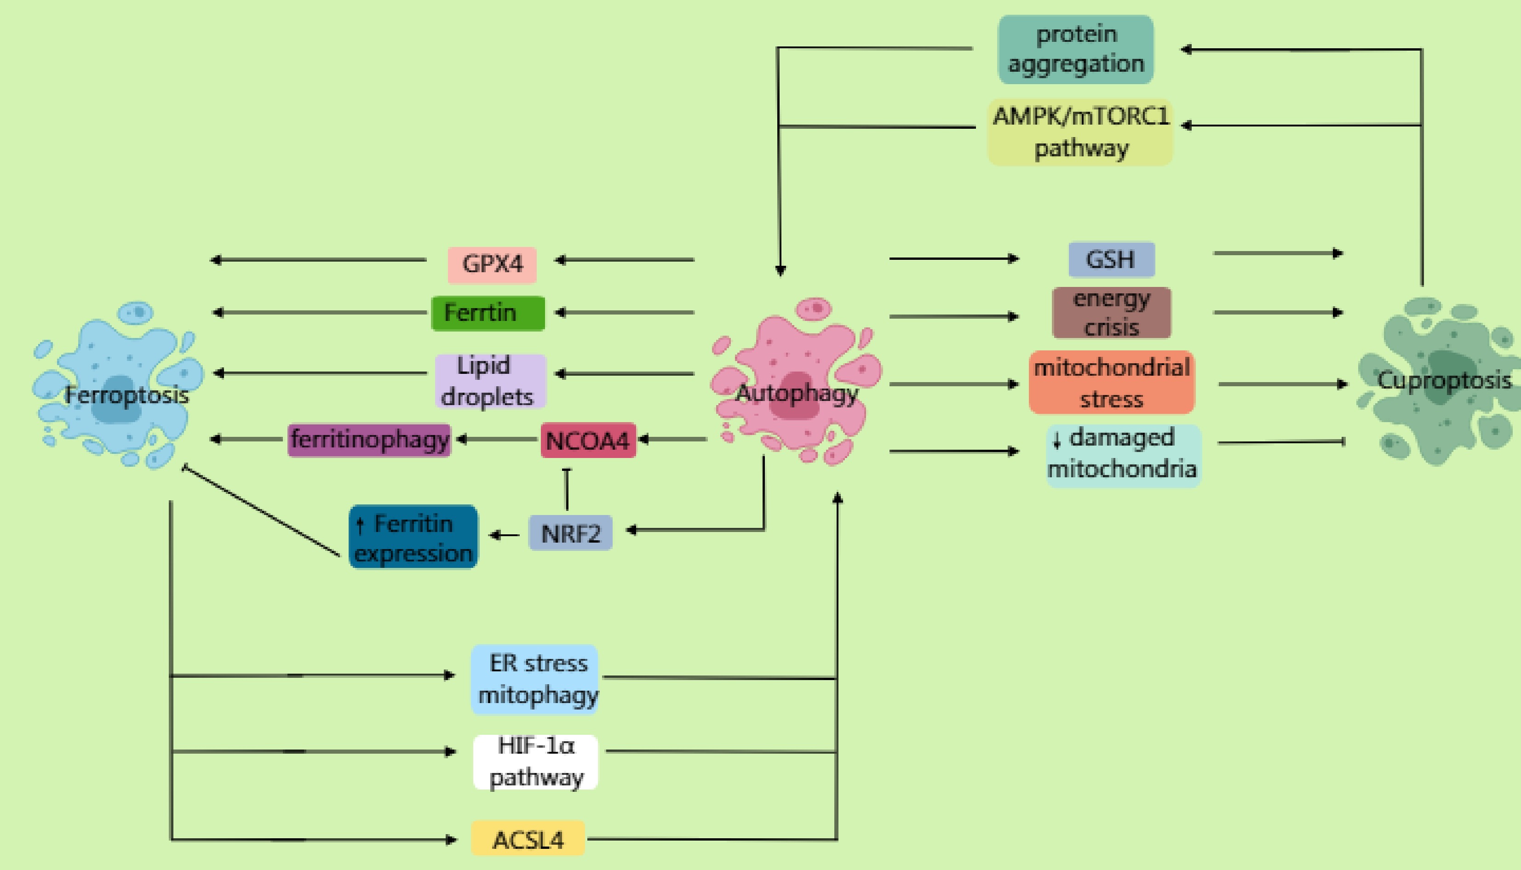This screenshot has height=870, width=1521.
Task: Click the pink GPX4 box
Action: coord(492,264)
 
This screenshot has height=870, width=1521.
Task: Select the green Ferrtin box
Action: coord(488,313)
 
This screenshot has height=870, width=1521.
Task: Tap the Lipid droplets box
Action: coord(490,381)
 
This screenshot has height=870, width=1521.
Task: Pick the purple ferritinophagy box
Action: coord(369,440)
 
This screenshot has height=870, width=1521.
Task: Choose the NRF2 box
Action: coord(570,532)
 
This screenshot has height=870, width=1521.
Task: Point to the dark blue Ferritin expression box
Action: coord(413,537)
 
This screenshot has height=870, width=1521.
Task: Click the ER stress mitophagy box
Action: coord(534,679)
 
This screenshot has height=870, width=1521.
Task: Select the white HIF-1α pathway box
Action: coord(535,762)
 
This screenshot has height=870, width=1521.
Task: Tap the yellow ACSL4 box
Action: coord(528,839)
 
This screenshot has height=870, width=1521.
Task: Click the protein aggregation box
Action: coord(1076,49)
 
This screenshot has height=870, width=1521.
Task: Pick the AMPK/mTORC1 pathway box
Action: coord(1080,132)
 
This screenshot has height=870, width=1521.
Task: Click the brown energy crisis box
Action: coord(1111,313)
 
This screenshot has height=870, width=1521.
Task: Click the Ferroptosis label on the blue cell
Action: coord(126,395)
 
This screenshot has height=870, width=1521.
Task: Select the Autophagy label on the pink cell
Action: coord(797,393)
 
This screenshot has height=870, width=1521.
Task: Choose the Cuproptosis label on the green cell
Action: coord(1444,380)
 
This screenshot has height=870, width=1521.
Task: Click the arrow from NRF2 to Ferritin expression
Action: coord(504,535)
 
